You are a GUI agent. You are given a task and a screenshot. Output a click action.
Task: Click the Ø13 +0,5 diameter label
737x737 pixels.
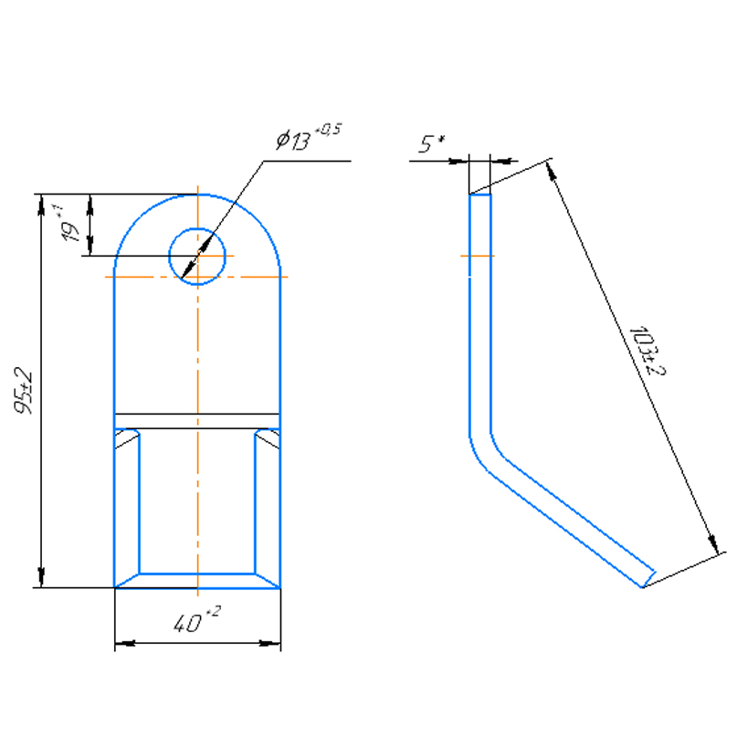click(309, 137)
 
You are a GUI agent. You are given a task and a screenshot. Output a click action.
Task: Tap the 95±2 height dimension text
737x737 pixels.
click(24, 391)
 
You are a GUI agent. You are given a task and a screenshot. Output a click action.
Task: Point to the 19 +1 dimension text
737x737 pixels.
click(68, 224)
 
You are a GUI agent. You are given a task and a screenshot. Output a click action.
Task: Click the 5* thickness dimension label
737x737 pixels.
click(432, 143)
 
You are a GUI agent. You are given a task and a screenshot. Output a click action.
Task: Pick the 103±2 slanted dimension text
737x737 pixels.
click(648, 351)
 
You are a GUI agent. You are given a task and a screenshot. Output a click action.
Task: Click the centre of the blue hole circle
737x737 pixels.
click(197, 256)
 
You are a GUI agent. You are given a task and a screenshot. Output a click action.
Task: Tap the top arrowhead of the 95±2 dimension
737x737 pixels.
click(41, 205)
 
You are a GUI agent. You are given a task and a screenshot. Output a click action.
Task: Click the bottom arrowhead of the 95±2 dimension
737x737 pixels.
click(41, 576)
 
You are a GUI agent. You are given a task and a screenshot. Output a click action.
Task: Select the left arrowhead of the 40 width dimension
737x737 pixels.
click(125, 643)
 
